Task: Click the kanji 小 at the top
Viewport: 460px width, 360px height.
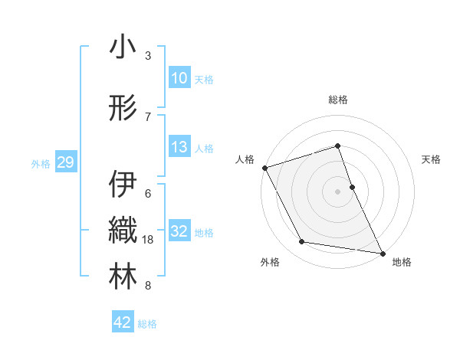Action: tap(123, 47)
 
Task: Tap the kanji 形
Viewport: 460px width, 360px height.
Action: tap(123, 108)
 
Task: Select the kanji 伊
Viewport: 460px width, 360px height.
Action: tap(123, 185)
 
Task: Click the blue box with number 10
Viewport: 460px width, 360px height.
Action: tap(179, 78)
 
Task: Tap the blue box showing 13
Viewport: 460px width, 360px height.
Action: tap(179, 147)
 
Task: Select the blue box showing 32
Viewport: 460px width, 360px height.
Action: tap(179, 231)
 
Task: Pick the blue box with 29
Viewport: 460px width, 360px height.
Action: tap(65, 162)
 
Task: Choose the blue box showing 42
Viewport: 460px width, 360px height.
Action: tap(123, 322)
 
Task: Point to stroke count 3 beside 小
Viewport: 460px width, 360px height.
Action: tap(148, 56)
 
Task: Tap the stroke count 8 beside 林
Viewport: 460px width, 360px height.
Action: tap(148, 286)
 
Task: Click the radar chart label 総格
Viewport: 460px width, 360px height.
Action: tap(337, 100)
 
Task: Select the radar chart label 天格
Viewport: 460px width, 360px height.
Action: tap(431, 159)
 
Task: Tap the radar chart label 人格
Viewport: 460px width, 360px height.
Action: tap(245, 159)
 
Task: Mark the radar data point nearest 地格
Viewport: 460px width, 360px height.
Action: tap(382, 252)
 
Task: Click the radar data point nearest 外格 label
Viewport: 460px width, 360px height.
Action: tap(302, 242)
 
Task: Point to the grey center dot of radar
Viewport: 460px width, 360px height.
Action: tap(337, 191)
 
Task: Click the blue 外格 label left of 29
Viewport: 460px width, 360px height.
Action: tap(41, 163)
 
